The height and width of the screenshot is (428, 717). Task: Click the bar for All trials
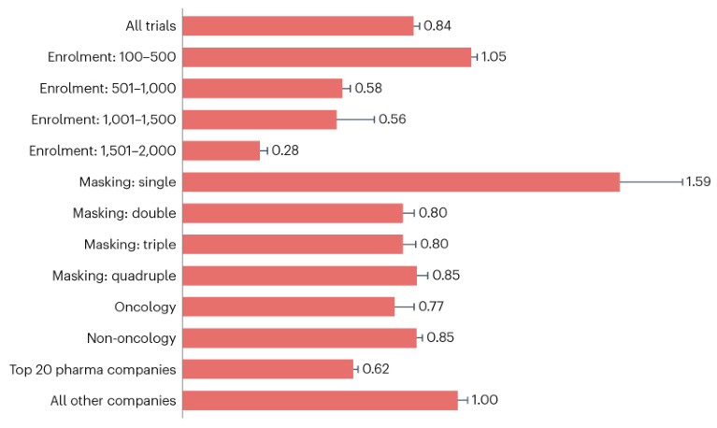(297, 25)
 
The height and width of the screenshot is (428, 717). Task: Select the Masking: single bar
(401, 181)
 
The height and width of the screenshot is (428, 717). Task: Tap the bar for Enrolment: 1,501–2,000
(221, 150)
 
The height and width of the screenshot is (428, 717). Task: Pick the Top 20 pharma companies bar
(267, 369)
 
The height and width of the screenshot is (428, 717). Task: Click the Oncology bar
(288, 307)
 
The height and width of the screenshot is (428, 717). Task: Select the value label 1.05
(494, 57)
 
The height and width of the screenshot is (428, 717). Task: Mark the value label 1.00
(484, 400)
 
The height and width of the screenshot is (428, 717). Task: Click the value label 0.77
(434, 307)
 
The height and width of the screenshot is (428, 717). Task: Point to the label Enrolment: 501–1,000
(109, 88)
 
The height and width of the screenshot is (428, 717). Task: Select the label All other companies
(114, 400)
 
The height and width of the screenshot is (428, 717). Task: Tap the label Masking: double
(125, 213)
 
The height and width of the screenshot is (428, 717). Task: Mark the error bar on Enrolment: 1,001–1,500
(355, 120)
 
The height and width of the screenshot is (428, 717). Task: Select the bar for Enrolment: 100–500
(326, 57)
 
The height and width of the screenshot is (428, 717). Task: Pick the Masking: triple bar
(292, 244)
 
